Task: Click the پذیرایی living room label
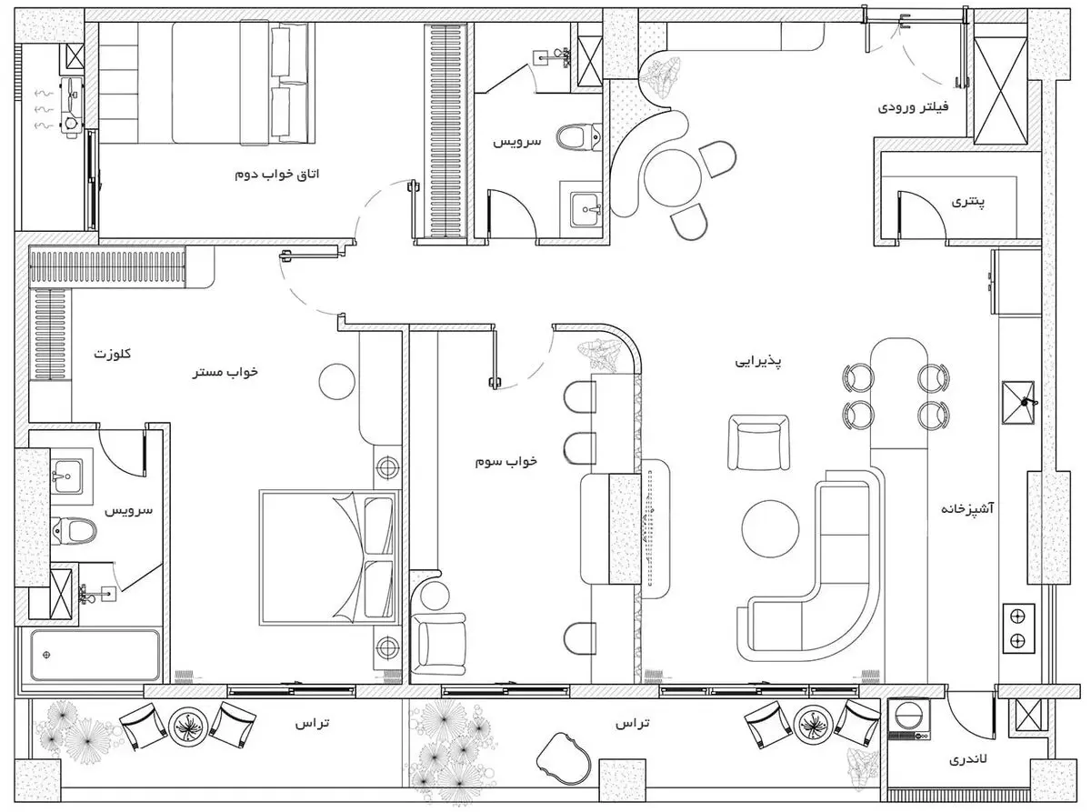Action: (x=758, y=362)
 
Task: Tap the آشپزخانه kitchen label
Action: (x=967, y=508)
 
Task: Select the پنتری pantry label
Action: (x=968, y=202)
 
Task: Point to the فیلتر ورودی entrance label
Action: (x=913, y=106)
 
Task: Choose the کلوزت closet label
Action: (x=113, y=354)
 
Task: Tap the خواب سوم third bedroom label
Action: (x=505, y=461)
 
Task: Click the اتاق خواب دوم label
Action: (x=277, y=175)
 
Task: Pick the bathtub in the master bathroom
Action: (x=95, y=655)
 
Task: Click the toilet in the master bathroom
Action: (x=74, y=531)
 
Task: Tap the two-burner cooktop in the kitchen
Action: (x=1018, y=628)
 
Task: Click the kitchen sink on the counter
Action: (x=1017, y=402)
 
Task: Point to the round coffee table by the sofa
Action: (x=770, y=529)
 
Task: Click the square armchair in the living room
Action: (x=758, y=443)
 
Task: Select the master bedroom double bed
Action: (x=328, y=557)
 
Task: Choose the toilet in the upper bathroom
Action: (x=578, y=137)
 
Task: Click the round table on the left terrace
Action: (x=187, y=726)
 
